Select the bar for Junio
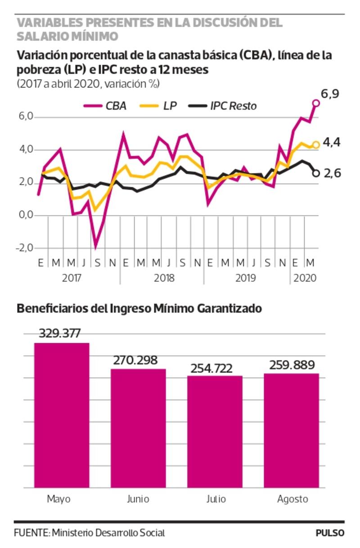pyautogui.click(x=138, y=428)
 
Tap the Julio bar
pyautogui.click(x=215, y=431)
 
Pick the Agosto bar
pyautogui.click(x=291, y=430)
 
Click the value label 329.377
pyautogui.click(x=59, y=334)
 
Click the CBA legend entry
pyautogui.click(x=105, y=106)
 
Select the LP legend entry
pyautogui.click(x=162, y=106)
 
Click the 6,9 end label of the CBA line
pyautogui.click(x=329, y=94)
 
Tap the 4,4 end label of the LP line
pyautogui.click(x=332, y=143)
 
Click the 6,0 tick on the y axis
pyautogui.click(x=27, y=117)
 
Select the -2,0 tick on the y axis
pyautogui.click(x=25, y=248)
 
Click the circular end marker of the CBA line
pyautogui.click(x=316, y=103)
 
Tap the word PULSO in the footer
pyautogui.click(x=330, y=533)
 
